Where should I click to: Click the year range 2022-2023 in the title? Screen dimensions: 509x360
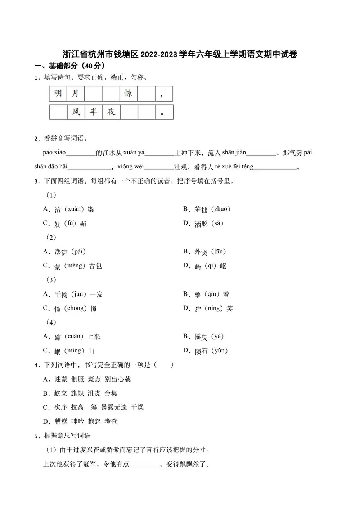tap(159, 54)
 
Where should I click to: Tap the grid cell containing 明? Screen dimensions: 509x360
tap(58, 94)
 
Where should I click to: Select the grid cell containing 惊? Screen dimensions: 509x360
tap(129, 94)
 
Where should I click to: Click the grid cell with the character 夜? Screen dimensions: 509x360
tap(111, 112)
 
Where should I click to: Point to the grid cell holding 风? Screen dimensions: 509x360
tap(76, 112)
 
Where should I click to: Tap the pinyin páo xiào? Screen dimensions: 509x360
tap(54, 153)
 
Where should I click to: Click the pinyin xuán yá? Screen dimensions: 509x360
tap(134, 153)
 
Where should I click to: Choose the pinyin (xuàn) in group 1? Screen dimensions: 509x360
tap(75, 209)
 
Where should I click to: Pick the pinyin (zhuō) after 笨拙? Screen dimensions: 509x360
tap(220, 209)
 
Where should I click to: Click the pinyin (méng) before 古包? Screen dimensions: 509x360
tap(75, 266)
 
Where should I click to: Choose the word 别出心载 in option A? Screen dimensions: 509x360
tap(118, 379)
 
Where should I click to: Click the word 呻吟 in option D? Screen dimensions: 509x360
tap(77, 421)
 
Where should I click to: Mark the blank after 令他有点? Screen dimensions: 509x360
tap(144, 464)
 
